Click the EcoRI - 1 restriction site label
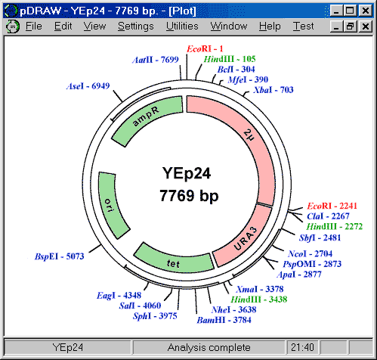205,49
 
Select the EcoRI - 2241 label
332,206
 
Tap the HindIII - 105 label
230,59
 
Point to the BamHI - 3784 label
224,320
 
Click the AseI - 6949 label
88,86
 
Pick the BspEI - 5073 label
60,256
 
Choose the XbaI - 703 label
273,90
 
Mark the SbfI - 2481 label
320,237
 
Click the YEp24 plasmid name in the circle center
187,173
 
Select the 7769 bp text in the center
189,196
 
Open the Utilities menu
182,26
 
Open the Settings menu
136,26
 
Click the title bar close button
365,11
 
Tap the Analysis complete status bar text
209,347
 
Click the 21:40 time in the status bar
302,347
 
